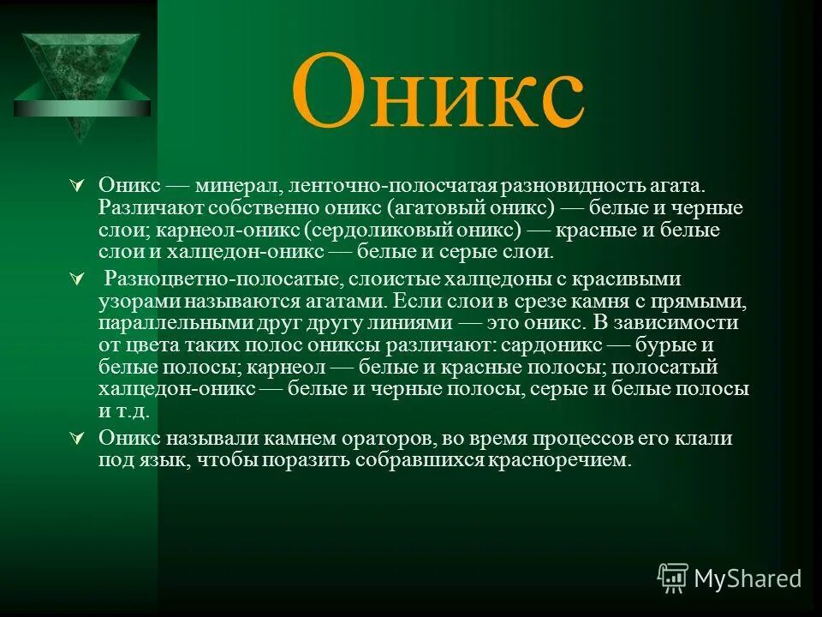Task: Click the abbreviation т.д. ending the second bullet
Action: click(134, 411)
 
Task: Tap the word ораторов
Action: click(388, 438)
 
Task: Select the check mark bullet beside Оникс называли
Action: click(75, 439)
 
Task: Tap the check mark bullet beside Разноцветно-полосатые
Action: click(75, 280)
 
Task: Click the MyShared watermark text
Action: click(748, 578)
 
